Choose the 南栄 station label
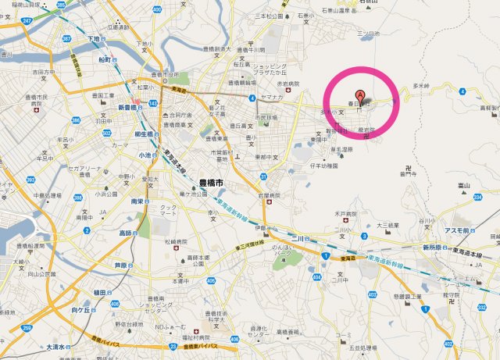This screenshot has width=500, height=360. [x=137, y=201]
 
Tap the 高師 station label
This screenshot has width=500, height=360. [x=126, y=233]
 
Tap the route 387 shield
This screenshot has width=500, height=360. [x=66, y=37]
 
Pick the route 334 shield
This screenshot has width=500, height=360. [x=477, y=198]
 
